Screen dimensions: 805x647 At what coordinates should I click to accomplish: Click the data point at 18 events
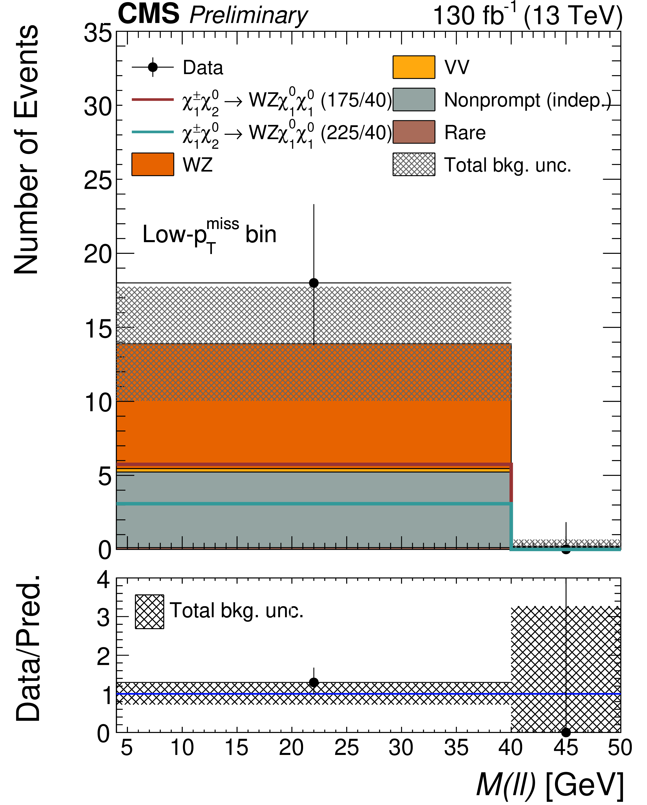pos(314,283)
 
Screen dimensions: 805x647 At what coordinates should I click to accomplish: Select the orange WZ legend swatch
pos(152,164)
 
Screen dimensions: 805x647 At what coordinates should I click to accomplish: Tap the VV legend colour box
pos(414,67)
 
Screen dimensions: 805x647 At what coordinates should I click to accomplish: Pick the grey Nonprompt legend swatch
pos(414,100)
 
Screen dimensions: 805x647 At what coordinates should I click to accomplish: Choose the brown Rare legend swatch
pos(414,132)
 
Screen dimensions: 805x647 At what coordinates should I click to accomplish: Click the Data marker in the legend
pos(152,67)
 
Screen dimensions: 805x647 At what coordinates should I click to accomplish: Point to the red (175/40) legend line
pos(152,100)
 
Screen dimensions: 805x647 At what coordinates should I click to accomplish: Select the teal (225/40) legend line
pos(152,132)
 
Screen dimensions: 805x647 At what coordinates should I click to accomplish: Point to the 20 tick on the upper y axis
pos(98,255)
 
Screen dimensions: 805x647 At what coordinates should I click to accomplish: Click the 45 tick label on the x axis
pos(565,748)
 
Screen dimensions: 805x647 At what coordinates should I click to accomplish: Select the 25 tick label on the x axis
pos(346,748)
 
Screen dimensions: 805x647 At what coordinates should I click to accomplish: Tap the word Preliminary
pos(248,16)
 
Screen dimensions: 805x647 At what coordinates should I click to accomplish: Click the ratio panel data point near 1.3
pos(314,682)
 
